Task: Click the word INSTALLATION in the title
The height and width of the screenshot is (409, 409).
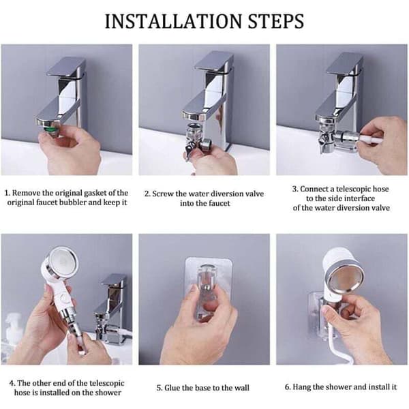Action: [173, 21]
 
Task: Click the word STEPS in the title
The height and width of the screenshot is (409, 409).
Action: [275, 21]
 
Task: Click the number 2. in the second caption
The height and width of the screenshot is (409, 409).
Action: [148, 194]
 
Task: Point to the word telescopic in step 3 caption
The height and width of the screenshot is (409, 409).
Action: [353, 189]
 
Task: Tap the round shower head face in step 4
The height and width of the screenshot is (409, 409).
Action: [63, 261]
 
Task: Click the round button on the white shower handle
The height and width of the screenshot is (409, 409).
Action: [63, 298]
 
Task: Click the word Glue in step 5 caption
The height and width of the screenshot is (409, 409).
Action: [172, 388]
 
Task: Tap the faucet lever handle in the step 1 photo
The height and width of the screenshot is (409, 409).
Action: [66, 67]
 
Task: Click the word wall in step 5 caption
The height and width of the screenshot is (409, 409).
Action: [242, 388]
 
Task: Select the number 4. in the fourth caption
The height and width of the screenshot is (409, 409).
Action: [12, 383]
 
